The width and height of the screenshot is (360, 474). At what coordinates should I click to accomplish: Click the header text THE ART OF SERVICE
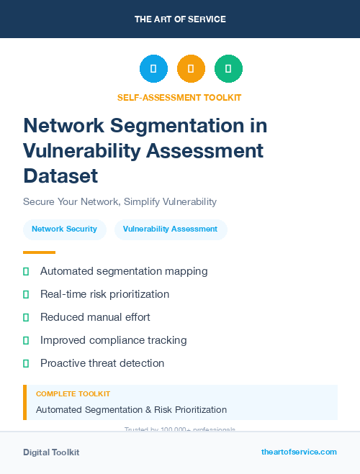tap(180, 19)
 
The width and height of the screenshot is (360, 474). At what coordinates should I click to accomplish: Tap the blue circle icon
tap(153, 69)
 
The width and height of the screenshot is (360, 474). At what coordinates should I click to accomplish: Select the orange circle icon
tap(191, 69)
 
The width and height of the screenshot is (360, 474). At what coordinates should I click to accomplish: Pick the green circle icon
tap(228, 69)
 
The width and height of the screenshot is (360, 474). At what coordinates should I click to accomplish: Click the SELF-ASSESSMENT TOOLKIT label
tap(179, 98)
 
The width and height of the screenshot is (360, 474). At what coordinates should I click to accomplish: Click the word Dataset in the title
tap(60, 176)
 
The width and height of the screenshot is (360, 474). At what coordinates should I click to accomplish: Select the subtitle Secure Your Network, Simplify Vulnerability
tap(120, 202)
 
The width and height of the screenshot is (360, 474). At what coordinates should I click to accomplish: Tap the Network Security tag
tap(64, 229)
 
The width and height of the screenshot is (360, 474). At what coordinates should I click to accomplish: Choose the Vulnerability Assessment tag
tap(170, 229)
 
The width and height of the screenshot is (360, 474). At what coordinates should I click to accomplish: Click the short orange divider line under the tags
tap(39, 252)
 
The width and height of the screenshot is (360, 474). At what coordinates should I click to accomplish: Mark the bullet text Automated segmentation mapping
tap(124, 271)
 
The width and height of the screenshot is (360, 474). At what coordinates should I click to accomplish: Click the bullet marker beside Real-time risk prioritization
tap(26, 294)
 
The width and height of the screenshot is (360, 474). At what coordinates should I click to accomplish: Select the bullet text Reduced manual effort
tap(95, 317)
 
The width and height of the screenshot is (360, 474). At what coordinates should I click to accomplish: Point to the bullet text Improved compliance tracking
tap(113, 340)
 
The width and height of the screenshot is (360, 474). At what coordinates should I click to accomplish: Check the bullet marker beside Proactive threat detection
tap(26, 363)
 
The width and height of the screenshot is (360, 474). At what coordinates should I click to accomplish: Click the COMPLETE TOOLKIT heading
tap(73, 394)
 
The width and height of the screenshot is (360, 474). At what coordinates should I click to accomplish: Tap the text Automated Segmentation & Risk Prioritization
tap(131, 410)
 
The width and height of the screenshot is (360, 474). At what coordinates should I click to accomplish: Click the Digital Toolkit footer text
tap(51, 452)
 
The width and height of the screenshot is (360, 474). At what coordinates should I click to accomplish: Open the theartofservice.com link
tap(299, 452)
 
